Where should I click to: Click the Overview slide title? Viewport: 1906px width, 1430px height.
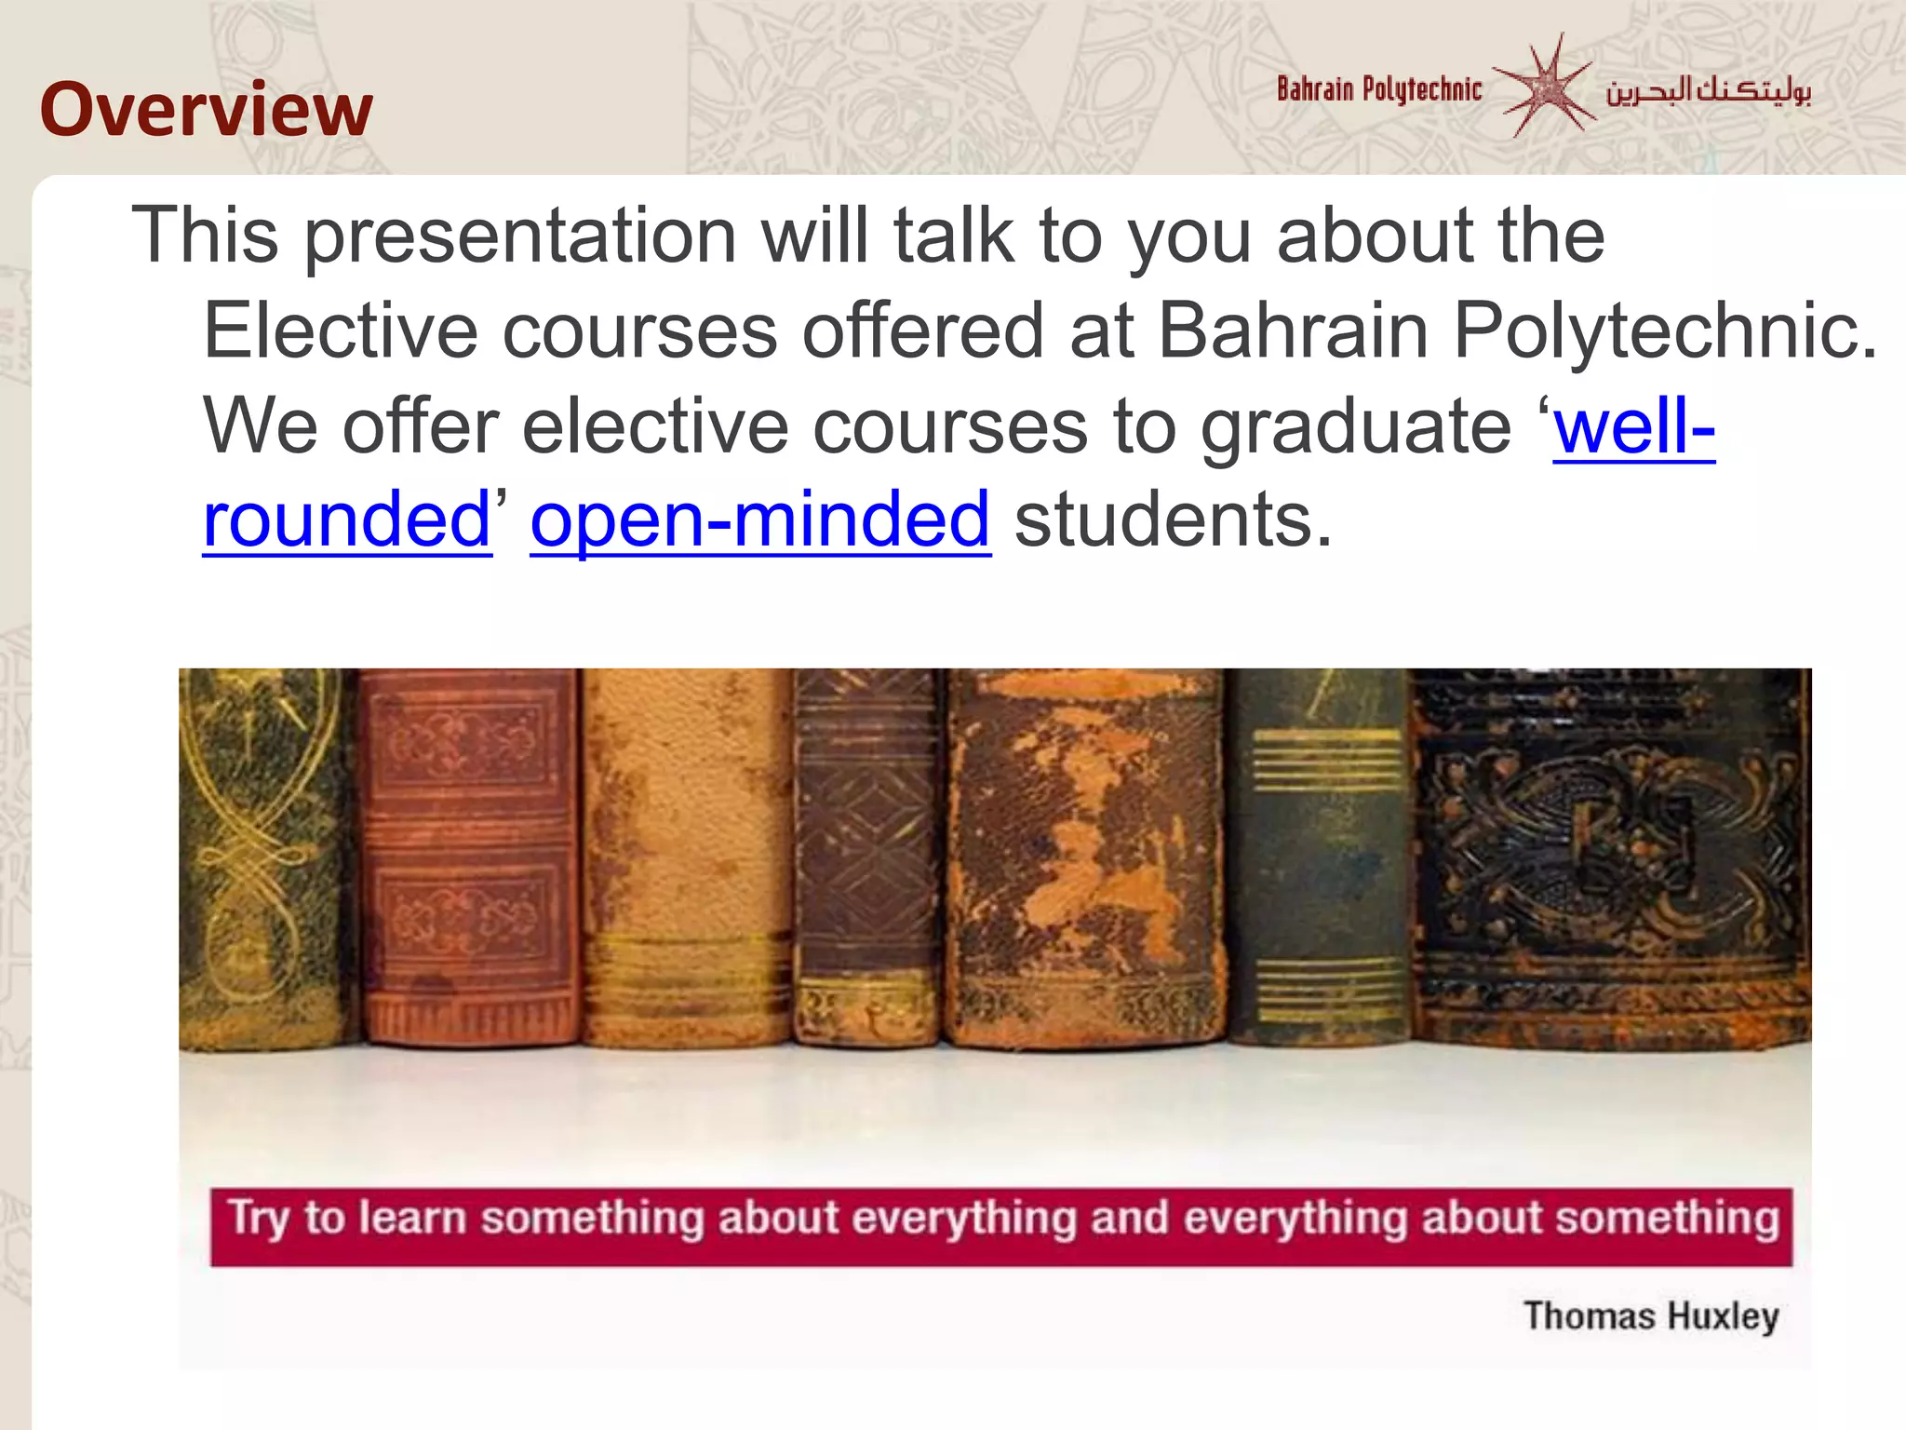(x=206, y=110)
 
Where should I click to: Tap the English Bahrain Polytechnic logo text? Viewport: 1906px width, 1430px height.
(x=1378, y=89)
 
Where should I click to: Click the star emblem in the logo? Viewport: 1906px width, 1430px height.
(x=1545, y=87)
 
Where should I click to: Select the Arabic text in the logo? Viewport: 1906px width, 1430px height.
(x=1708, y=90)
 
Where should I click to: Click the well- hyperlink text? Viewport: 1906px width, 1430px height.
(x=1633, y=426)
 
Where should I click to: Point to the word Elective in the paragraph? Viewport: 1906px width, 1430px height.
(x=341, y=331)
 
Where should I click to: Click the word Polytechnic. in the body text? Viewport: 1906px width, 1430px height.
(x=1665, y=331)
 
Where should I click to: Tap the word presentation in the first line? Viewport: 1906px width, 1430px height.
(x=521, y=236)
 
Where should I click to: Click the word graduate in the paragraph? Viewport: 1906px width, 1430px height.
(x=1355, y=426)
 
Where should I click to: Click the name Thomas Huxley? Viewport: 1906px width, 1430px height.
(x=1651, y=1316)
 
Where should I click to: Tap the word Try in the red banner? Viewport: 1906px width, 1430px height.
(x=259, y=1219)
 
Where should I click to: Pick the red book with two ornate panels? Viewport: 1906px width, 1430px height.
(x=468, y=857)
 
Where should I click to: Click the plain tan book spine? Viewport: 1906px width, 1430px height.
(x=687, y=857)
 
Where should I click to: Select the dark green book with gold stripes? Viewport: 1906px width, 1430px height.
(x=1318, y=857)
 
